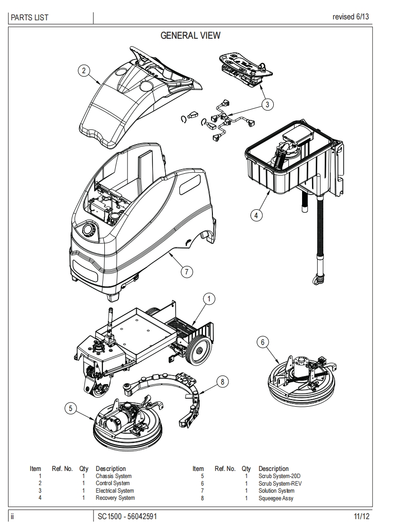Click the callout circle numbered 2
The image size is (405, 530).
tap(84, 71)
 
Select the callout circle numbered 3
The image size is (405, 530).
tap(268, 104)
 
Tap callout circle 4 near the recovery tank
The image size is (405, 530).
tap(256, 215)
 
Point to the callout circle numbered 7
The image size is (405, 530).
tap(186, 271)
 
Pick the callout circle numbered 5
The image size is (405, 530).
tap(71, 409)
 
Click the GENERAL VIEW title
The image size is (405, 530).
tap(191, 35)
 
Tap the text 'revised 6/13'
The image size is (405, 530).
tap(351, 17)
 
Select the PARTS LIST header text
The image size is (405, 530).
tap(30, 18)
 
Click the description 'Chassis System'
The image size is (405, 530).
tap(113, 476)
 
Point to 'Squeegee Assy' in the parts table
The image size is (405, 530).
tap(276, 498)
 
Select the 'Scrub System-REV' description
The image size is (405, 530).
tap(279, 483)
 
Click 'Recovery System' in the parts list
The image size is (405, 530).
tap(115, 498)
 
